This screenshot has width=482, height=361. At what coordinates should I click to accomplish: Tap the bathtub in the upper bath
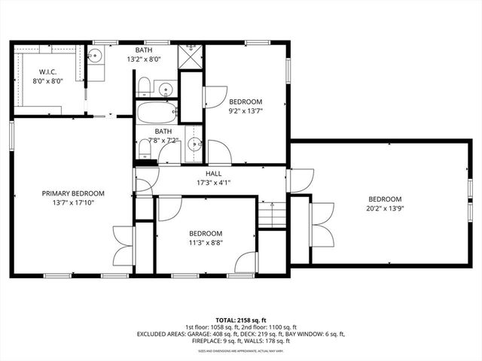point(157,114)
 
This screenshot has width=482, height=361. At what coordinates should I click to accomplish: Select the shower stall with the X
point(191,56)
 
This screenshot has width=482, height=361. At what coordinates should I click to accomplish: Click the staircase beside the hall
point(272,214)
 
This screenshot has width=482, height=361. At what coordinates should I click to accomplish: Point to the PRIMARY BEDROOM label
point(73,193)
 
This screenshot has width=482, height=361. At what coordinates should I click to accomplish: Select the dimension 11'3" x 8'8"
point(206,242)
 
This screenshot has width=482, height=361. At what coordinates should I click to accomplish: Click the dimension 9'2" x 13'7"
point(246,111)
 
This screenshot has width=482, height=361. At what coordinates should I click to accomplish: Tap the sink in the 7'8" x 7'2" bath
point(195,144)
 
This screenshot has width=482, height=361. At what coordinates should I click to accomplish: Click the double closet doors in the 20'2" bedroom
point(322,223)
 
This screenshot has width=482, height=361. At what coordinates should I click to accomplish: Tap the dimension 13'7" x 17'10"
point(73,203)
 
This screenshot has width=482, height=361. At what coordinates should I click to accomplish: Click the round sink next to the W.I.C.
point(95,56)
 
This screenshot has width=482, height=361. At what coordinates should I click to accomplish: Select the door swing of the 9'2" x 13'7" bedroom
point(214,96)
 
